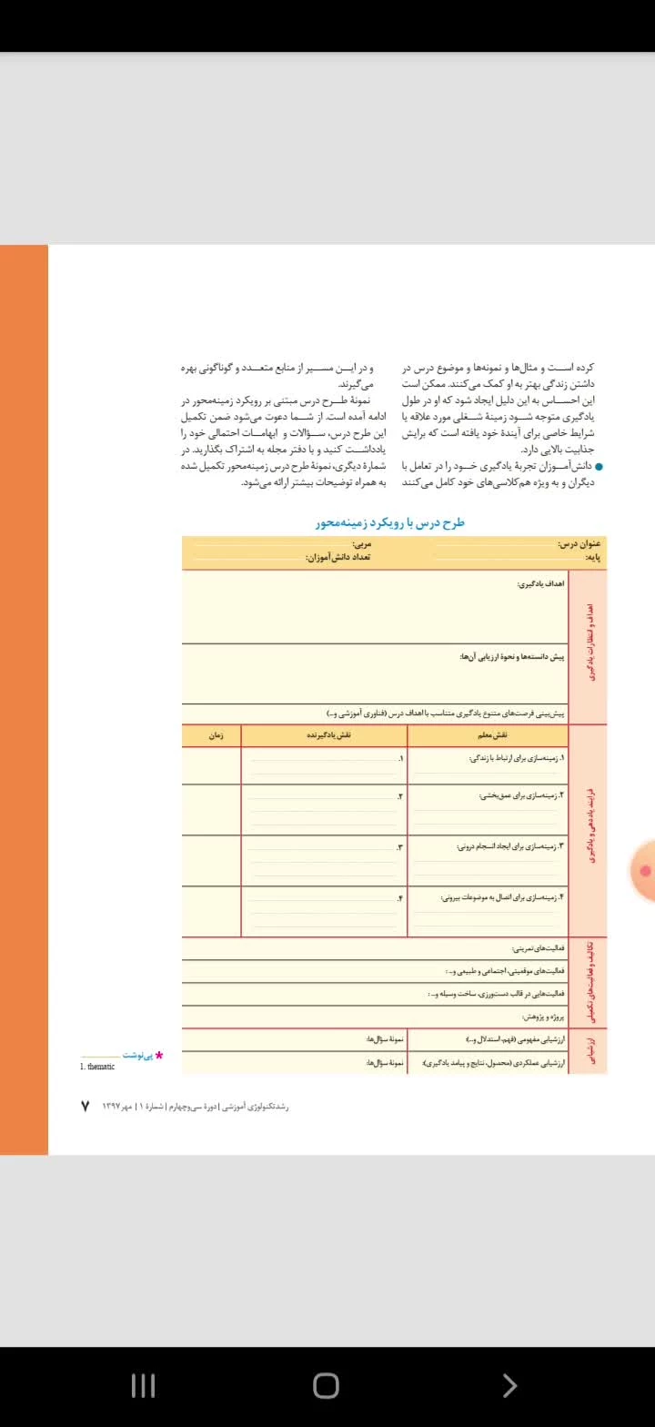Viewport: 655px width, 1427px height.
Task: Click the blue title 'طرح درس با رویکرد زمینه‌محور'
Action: (390, 523)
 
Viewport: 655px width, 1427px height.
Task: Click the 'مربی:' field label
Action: (360, 544)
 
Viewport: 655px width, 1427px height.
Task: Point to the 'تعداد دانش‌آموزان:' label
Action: (338, 556)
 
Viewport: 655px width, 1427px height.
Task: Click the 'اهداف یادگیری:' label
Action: (540, 583)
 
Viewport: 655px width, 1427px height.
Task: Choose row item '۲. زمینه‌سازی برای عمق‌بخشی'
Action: (522, 795)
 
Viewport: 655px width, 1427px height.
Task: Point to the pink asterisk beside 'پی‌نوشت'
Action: (159, 1056)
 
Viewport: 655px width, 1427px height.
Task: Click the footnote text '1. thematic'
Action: (97, 1067)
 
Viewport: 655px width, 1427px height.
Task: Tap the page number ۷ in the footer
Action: (85, 1106)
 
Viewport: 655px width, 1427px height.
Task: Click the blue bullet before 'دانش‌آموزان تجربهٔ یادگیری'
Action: (599, 467)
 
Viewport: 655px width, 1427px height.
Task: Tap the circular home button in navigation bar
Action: (326, 1385)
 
